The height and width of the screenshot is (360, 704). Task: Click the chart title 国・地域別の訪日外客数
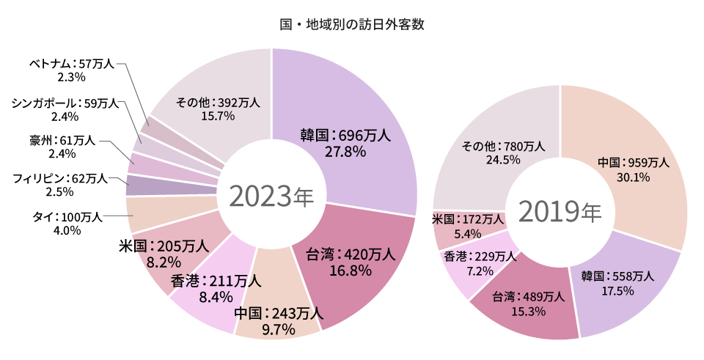(x=352, y=23)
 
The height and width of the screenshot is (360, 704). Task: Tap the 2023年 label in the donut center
(x=271, y=196)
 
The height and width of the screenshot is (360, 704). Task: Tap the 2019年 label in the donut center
(x=560, y=211)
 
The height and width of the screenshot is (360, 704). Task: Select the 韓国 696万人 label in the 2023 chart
(x=345, y=142)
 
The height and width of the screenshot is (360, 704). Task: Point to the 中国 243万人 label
(x=279, y=321)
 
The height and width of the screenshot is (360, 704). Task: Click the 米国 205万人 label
(x=159, y=252)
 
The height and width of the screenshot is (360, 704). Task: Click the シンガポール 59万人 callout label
(x=65, y=109)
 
